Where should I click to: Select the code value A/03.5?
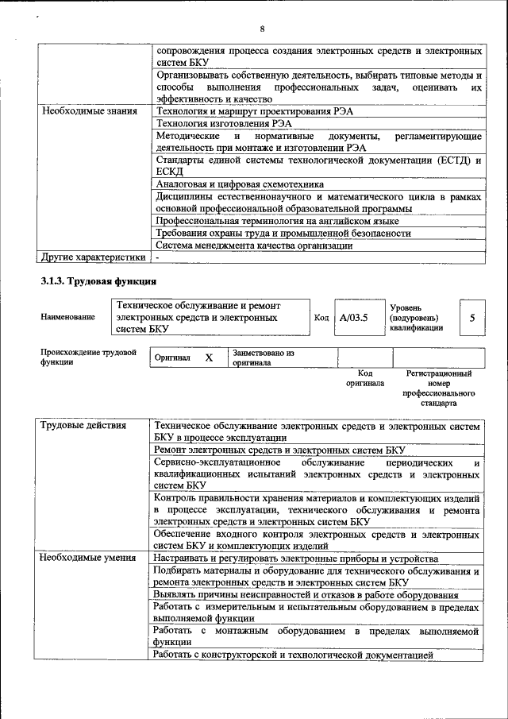(354, 318)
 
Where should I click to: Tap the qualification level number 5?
(472, 318)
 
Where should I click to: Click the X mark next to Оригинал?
(209, 358)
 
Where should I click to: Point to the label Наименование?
(67, 317)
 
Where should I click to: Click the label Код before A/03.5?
(321, 318)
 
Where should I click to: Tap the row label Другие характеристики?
(93, 257)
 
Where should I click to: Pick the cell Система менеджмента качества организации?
(254, 245)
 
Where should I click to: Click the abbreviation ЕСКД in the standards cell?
(170, 172)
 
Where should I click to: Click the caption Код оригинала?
(365, 377)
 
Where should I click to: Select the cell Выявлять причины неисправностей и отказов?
(306, 594)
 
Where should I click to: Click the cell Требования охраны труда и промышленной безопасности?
(283, 234)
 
